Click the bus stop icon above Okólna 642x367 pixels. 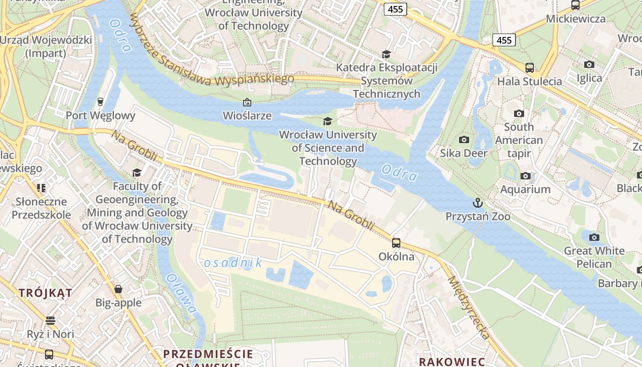click(x=396, y=243)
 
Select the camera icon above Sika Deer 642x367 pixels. click(x=464, y=139)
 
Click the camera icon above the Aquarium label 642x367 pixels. click(x=526, y=176)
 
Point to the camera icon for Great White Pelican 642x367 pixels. click(x=594, y=237)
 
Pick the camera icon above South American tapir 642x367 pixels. click(x=519, y=113)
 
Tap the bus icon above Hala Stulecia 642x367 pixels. click(x=530, y=68)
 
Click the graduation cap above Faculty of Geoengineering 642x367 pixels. click(x=137, y=172)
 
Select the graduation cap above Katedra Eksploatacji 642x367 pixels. click(x=386, y=54)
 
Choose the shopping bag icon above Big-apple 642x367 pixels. click(x=118, y=289)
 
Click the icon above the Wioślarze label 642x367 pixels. click(x=247, y=102)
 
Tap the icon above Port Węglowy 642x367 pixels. click(x=100, y=101)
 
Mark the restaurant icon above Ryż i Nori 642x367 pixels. click(x=50, y=320)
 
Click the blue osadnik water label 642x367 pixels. click(x=233, y=263)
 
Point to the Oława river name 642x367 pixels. click(x=182, y=294)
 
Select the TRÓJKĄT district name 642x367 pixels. click(x=45, y=293)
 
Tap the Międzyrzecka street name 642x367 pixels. click(x=468, y=307)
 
